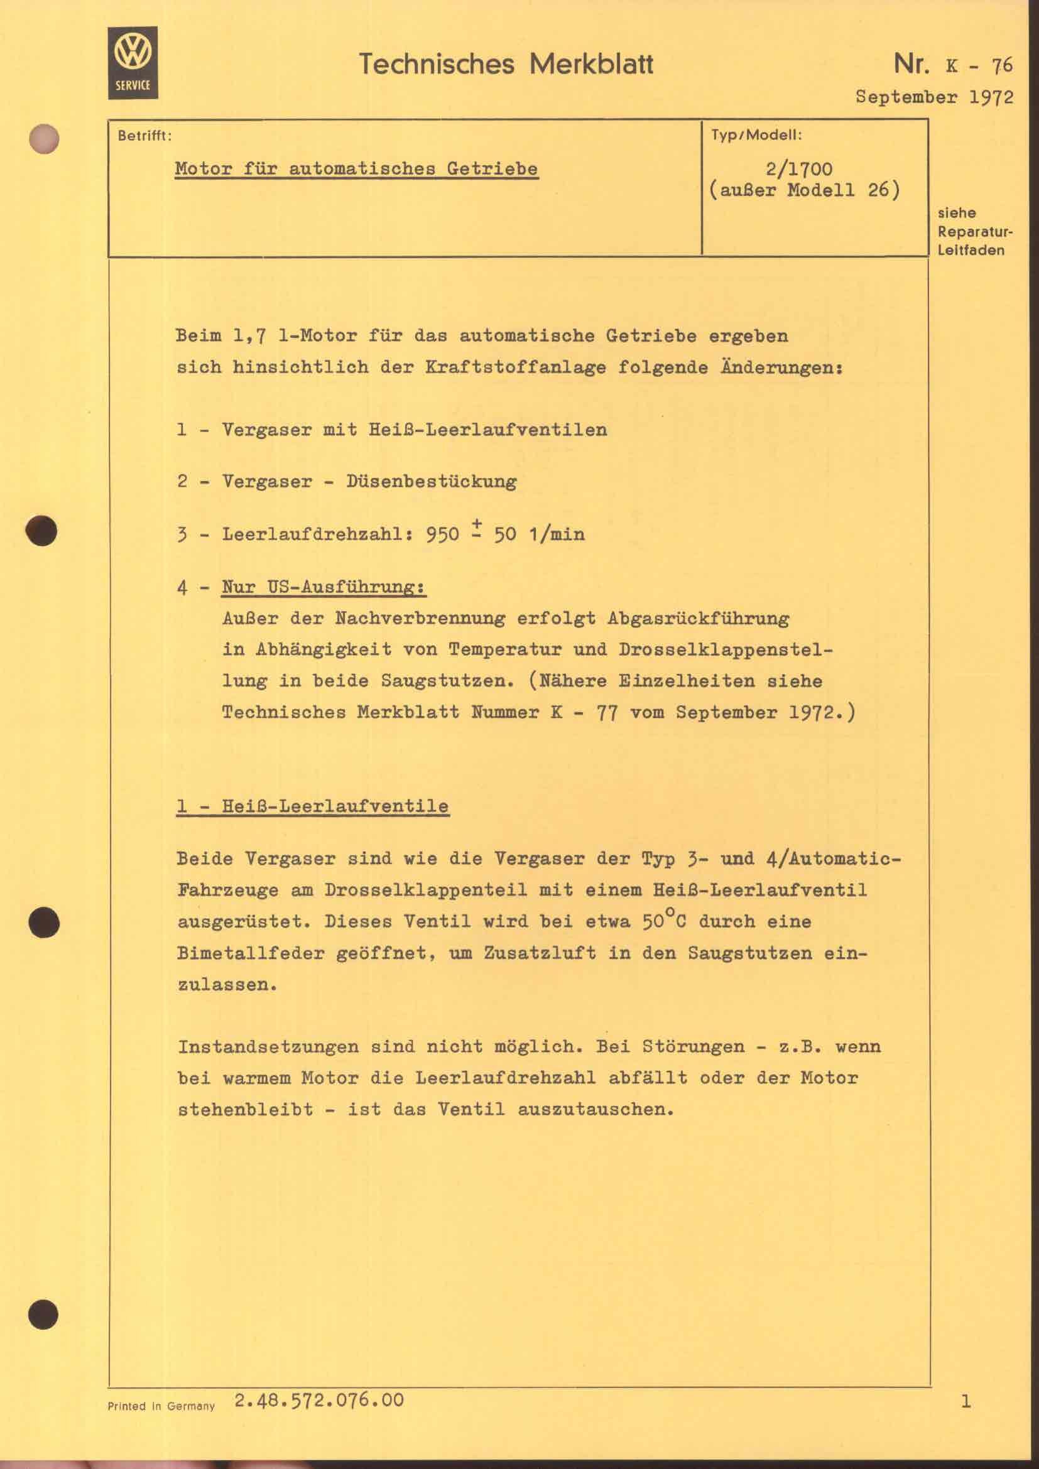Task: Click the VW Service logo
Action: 133,63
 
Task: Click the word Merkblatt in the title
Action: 591,64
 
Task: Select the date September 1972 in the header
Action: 934,97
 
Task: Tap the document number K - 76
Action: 979,65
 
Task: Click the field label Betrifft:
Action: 144,136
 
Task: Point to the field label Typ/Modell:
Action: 756,135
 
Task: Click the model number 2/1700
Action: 799,169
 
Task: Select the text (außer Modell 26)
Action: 804,190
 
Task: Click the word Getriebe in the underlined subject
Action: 492,169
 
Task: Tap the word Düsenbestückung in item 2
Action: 431,481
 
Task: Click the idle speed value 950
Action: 442,534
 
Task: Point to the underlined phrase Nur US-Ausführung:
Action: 324,587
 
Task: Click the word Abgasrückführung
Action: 698,619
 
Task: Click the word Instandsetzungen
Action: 268,1047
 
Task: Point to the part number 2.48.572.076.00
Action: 319,1400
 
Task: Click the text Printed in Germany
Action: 161,1406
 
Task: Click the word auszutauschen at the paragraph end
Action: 595,1109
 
